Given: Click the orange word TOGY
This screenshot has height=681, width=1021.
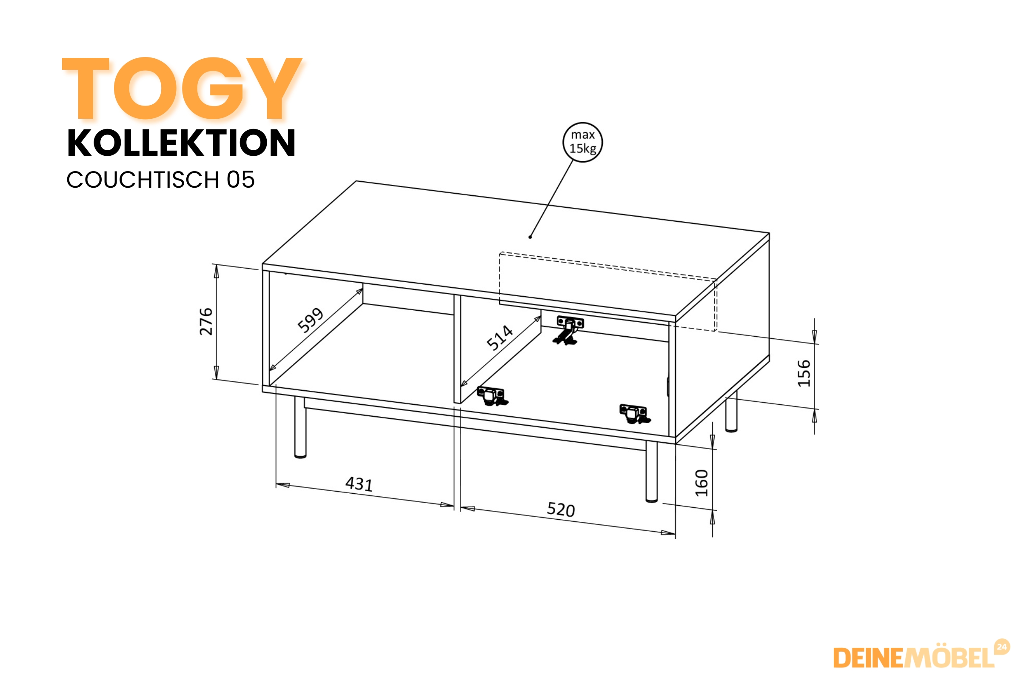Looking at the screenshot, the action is click(x=183, y=88).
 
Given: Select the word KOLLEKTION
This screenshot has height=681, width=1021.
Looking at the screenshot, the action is click(x=182, y=143).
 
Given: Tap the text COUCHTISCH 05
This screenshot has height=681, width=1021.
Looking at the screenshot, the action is click(x=160, y=180).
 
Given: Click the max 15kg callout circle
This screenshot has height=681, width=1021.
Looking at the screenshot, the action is click(x=582, y=142).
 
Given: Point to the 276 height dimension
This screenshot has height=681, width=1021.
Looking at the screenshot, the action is click(x=206, y=321).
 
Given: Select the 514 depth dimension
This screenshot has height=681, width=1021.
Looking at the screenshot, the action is click(x=499, y=337).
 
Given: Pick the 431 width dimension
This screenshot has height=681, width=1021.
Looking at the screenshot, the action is click(x=359, y=484).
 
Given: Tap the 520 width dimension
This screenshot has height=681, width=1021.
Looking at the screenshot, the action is click(x=561, y=509).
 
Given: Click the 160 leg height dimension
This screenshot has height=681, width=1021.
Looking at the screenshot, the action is click(x=702, y=483).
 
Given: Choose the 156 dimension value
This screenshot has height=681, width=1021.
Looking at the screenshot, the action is click(x=804, y=373).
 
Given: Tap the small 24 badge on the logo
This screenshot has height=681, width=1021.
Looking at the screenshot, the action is click(x=1002, y=647).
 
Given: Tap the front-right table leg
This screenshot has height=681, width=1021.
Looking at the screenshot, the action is click(x=652, y=472).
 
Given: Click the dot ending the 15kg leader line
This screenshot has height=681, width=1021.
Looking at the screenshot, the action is click(x=530, y=237).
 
